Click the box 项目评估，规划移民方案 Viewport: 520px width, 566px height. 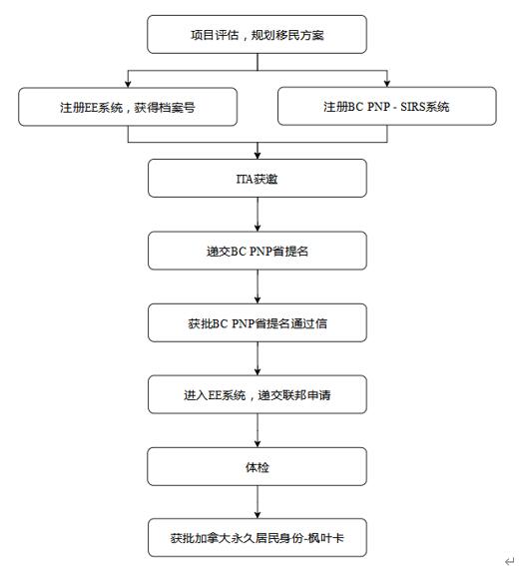point(257,34)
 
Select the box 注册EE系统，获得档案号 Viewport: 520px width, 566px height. point(128,107)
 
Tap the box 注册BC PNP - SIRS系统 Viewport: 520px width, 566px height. point(387,106)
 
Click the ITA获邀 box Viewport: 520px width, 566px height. point(258,179)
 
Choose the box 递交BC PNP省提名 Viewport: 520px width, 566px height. point(258,251)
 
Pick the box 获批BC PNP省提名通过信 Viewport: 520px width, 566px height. point(258,322)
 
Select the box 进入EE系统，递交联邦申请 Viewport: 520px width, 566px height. point(258,394)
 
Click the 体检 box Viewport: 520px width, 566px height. point(257,467)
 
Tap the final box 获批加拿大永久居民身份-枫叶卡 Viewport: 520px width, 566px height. point(258,538)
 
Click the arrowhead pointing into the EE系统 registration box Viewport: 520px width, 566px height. point(128,84)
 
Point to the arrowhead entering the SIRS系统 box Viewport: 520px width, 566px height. point(387,84)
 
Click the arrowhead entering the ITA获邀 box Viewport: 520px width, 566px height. point(258,156)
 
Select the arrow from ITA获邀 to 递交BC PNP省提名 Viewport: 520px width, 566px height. point(258,215)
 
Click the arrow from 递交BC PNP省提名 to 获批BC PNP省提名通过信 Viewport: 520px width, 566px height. point(258,286)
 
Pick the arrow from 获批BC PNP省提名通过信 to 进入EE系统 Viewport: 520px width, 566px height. point(258,358)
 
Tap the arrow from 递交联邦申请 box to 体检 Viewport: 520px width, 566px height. point(258,430)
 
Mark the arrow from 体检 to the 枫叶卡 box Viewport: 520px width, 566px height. point(258,502)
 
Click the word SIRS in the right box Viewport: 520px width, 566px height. point(412,107)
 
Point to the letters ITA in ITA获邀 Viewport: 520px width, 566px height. point(245,179)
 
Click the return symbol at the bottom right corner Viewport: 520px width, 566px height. point(509,560)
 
